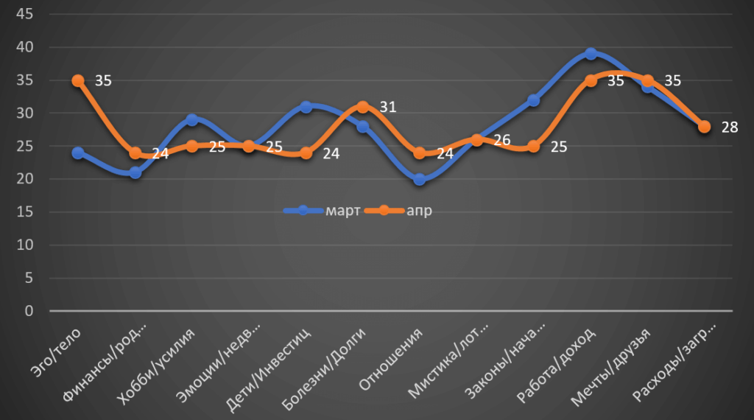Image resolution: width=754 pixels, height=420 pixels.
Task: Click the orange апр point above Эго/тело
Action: coord(78,80)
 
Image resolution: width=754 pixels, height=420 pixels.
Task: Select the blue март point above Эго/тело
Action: coord(78,153)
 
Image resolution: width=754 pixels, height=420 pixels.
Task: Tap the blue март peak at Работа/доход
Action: coord(591,54)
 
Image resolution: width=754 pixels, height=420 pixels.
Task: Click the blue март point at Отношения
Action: coord(419,180)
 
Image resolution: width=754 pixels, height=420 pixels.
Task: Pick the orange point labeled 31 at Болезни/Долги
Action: coord(362,107)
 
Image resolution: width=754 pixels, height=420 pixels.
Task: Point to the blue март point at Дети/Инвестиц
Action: coord(306,107)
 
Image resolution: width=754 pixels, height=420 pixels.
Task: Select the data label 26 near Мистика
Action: coord(501,139)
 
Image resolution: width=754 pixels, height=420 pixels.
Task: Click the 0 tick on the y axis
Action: coord(29,311)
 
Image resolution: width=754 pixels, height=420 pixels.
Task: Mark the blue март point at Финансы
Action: coord(135,172)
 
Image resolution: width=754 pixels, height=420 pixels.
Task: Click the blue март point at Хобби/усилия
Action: coord(191,120)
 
